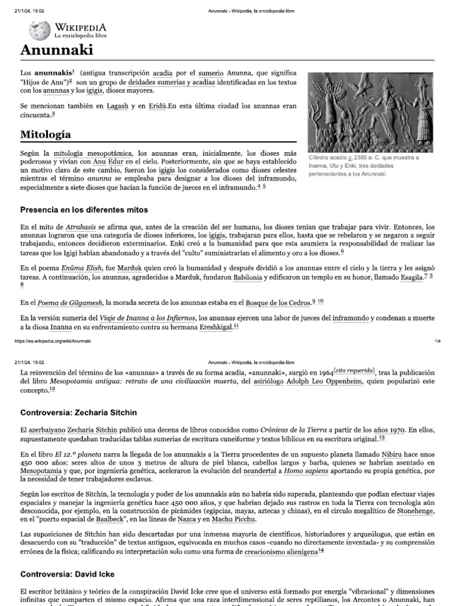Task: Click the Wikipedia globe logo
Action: point(41,29)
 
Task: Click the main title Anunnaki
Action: point(56,50)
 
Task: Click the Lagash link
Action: point(117,106)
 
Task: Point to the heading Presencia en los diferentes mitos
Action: point(84,209)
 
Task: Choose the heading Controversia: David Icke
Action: point(68,574)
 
